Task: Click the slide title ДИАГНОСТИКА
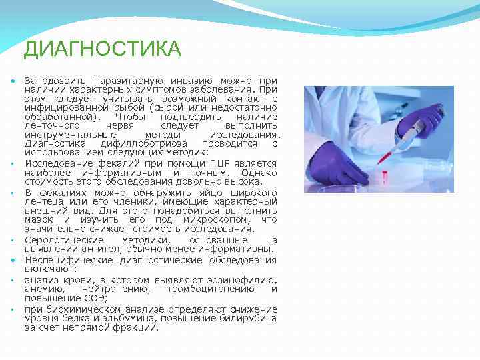tap(101, 49)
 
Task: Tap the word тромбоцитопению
tap(210, 289)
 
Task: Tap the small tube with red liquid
tap(385, 177)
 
